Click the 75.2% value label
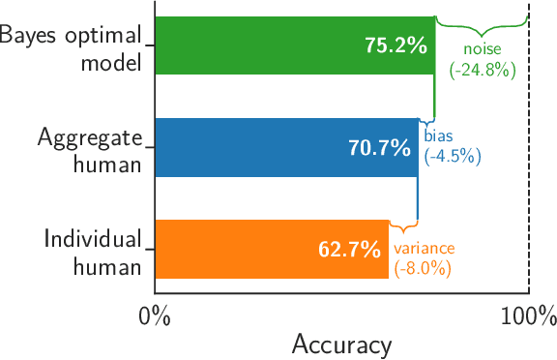[396, 45]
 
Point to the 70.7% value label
[379, 148]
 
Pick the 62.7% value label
[349, 250]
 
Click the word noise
[482, 49]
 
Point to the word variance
[424, 249]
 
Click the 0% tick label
[155, 315]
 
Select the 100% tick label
[528, 315]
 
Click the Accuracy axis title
[341, 345]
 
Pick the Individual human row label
[92, 251]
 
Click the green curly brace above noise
[482, 21]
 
